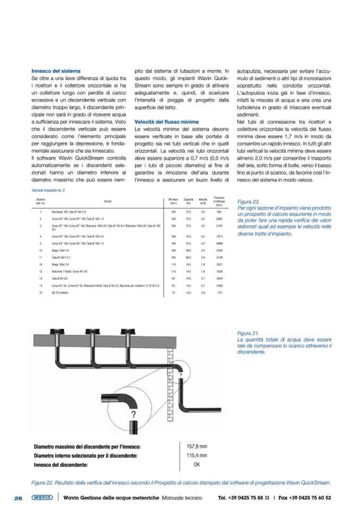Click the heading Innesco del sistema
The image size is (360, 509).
pos(56,71)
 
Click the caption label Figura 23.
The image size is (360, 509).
pos(248,202)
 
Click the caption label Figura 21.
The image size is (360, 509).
pos(248,333)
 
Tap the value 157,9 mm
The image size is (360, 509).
pos(196,447)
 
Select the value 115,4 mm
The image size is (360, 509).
pos(196,455)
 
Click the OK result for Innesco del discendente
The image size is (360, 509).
pos(196,464)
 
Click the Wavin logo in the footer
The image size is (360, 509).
pos(41,498)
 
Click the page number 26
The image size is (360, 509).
pos(18,498)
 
